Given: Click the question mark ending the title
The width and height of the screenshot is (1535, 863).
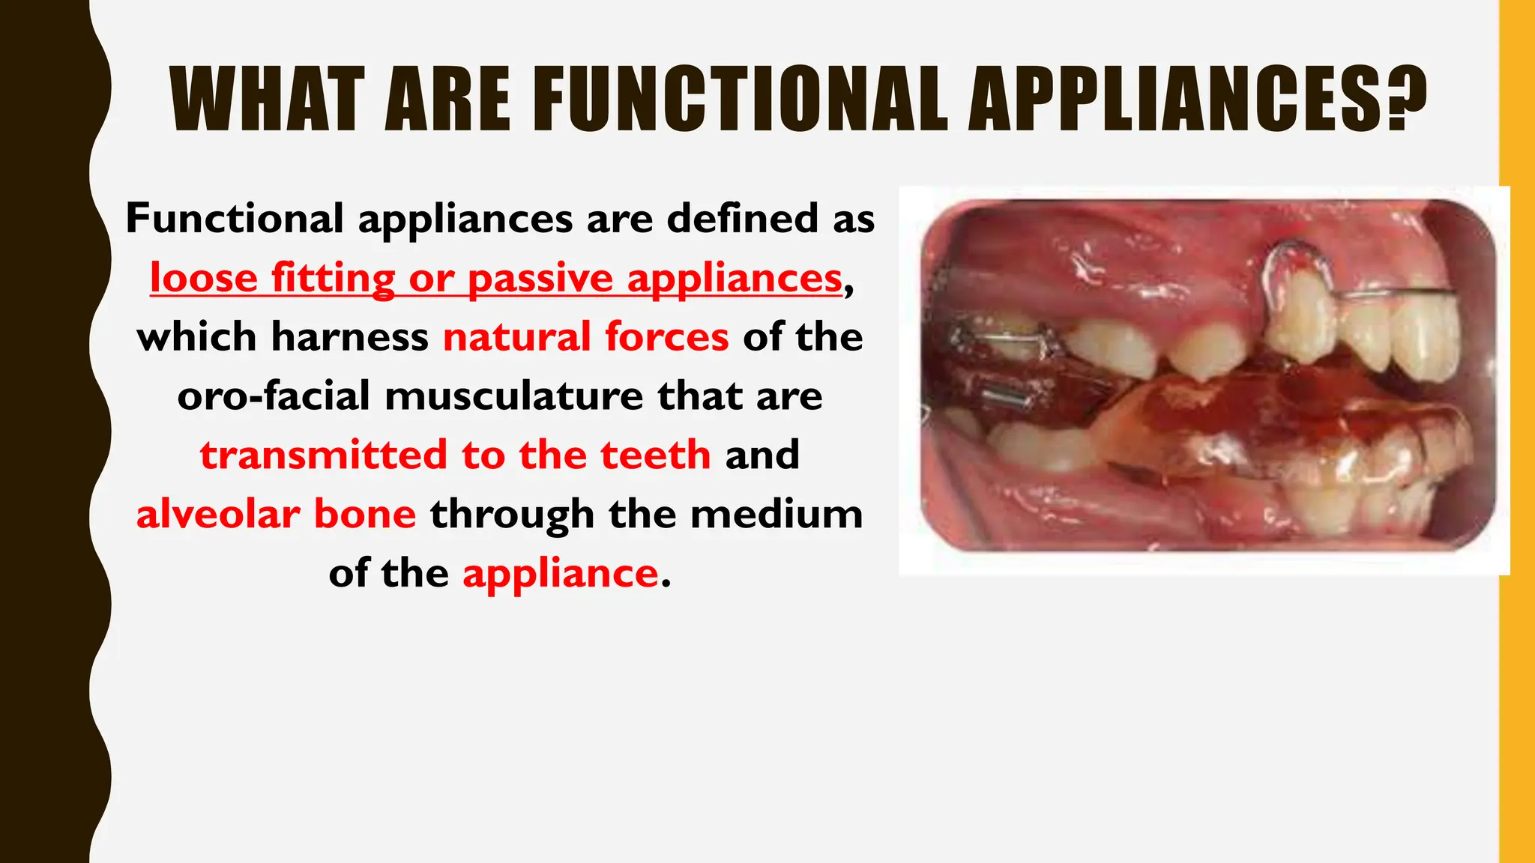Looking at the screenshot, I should [1405, 100].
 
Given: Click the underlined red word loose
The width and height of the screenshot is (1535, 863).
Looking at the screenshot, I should [204, 278].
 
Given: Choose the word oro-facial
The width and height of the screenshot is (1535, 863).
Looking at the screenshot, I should [274, 396].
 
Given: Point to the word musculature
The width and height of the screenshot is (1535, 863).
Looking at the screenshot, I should [514, 396].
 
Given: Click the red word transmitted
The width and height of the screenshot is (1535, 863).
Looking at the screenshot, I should [323, 455].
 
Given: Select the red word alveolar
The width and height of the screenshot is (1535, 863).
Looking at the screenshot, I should [217, 514].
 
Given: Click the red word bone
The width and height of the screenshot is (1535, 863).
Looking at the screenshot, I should [364, 514].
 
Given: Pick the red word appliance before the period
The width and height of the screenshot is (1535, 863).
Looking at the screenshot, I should [560, 574].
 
